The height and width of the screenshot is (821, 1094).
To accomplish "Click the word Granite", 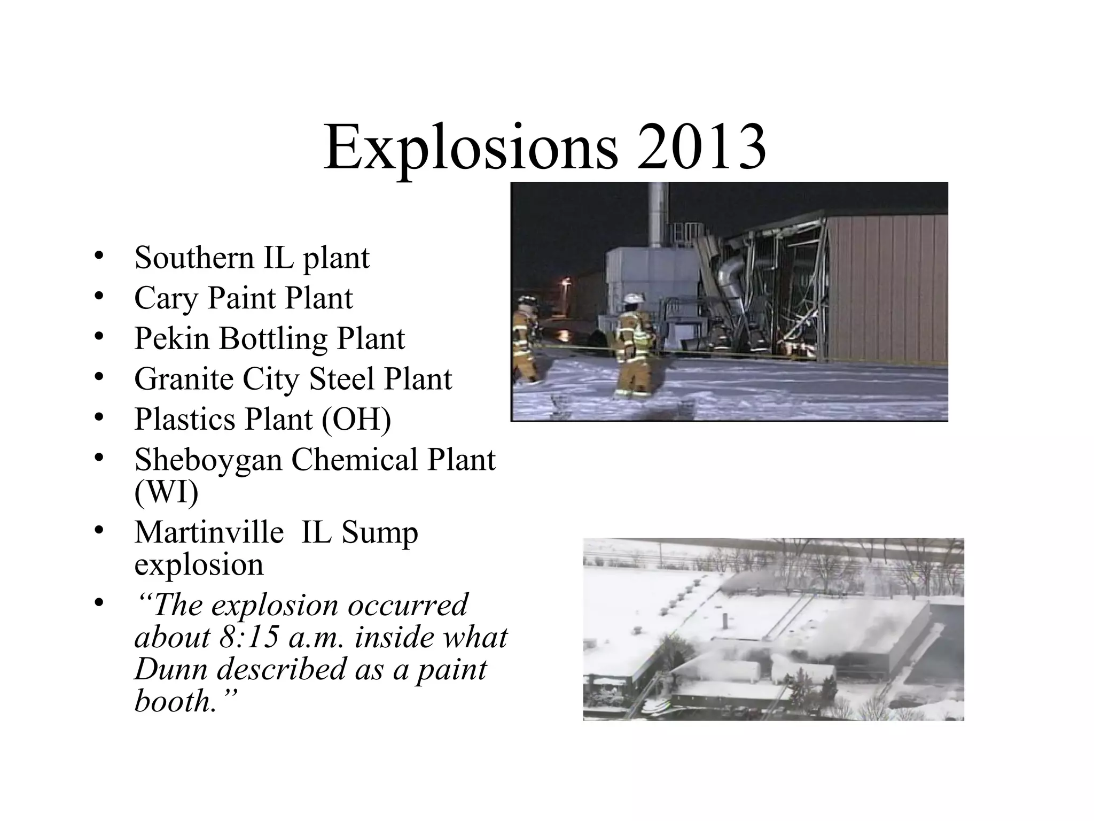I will coord(183,379).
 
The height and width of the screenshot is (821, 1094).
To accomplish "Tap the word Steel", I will coord(341,379).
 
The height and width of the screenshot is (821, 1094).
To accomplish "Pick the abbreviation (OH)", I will coord(356,420).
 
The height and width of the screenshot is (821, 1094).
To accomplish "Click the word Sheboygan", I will coord(208,461).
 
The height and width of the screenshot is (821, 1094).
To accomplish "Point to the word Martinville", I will coord(209,532).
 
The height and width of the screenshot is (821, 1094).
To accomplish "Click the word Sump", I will coord(380,533).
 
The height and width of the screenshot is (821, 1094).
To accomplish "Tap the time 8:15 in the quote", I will coord(248,638).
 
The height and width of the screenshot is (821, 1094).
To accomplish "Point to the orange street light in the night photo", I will coord(565,283).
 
